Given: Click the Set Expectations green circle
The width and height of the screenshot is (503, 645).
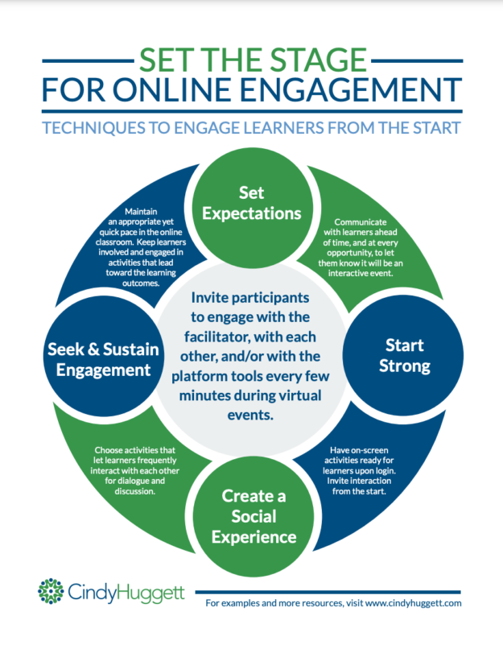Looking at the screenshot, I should pos(252,204).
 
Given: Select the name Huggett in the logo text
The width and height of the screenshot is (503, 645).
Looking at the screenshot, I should pos(148,593).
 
